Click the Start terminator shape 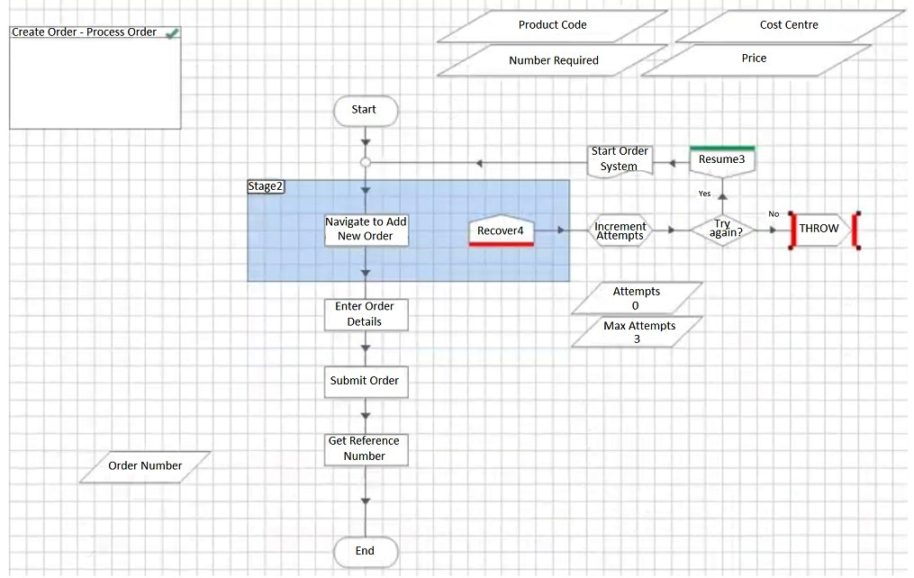[x=366, y=110]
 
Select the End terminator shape [x=366, y=551]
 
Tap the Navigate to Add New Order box [x=367, y=230]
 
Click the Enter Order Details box [x=367, y=314]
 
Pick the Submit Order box [x=367, y=382]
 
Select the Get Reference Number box [x=367, y=449]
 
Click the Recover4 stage [x=502, y=230]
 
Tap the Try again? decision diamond [x=723, y=230]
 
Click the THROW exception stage [x=819, y=230]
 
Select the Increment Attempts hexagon [x=620, y=230]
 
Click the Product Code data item [x=553, y=25]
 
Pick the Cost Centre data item [x=789, y=25]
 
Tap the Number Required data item [x=553, y=60]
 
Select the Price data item [x=755, y=60]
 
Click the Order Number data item [x=145, y=466]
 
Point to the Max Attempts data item [x=638, y=331]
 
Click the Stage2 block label [x=266, y=186]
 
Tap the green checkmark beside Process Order [x=172, y=34]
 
